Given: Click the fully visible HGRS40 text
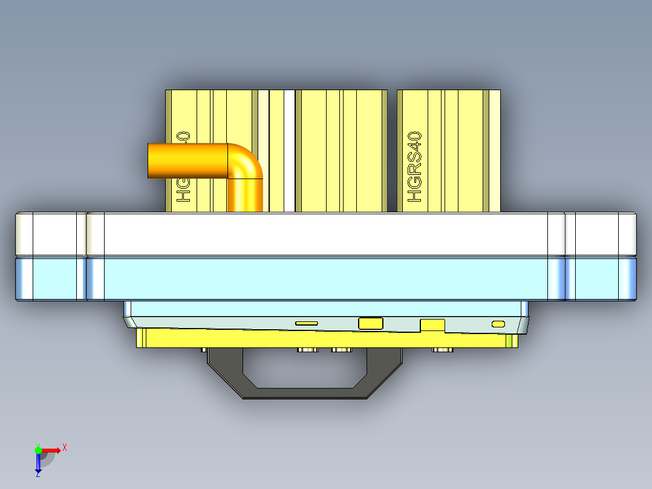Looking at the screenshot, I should click(414, 168).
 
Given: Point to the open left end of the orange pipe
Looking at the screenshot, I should click(151, 161).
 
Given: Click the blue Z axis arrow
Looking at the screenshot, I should click(37, 463).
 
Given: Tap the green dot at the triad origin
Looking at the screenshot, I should click(38, 450).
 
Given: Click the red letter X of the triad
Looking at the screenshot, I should click(64, 448).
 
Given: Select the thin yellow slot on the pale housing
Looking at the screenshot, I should click(307, 324).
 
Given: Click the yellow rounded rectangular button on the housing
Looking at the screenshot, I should click(371, 323).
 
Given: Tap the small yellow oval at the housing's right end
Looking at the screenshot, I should click(498, 324).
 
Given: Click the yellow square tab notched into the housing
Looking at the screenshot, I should click(432, 325).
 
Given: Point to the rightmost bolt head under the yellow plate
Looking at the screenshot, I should click(442, 350).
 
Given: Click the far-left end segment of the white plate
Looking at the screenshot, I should click(51, 234).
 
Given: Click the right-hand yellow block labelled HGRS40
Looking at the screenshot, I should click(460, 151).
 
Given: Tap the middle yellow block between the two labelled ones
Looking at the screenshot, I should click(342, 151).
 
